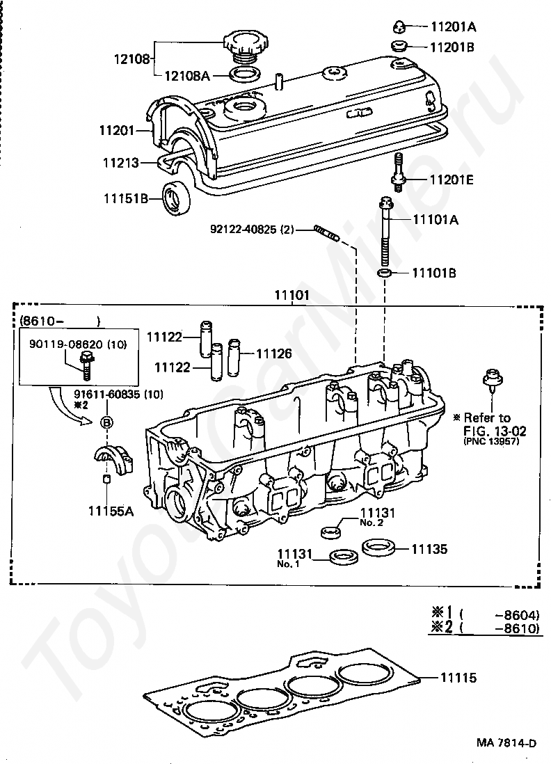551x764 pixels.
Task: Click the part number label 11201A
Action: point(452,28)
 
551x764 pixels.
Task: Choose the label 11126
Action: point(273,353)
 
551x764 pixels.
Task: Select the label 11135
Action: point(429,549)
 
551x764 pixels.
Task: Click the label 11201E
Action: point(452,180)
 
